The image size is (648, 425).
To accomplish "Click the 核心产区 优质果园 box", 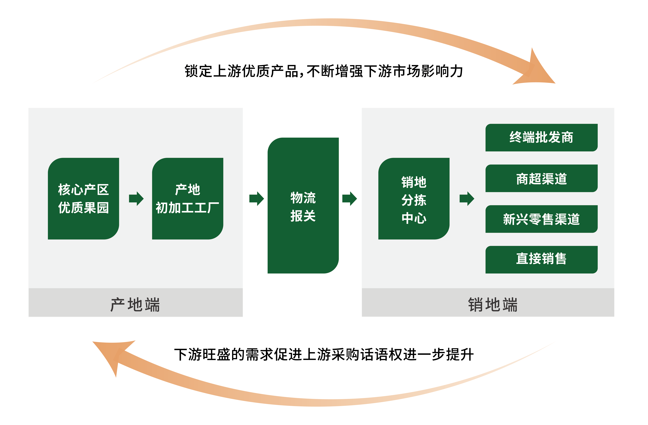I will tap(83, 199).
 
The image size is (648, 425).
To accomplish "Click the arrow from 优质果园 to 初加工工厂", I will tap(136, 199).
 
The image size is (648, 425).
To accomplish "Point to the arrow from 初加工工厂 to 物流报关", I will tap(256, 199).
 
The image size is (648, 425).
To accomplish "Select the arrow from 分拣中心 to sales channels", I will tap(467, 199).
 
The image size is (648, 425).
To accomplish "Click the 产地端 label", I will tap(135, 305).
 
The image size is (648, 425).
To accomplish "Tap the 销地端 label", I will tap(493, 305).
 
